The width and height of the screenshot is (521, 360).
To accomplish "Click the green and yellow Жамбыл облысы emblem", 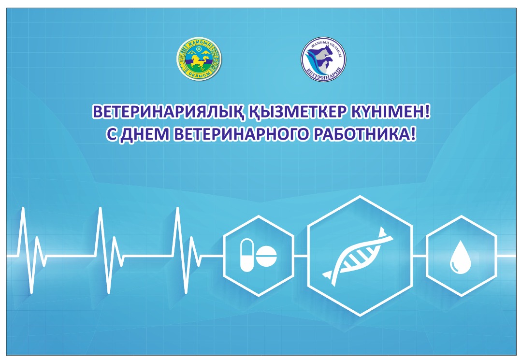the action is pos(199,59).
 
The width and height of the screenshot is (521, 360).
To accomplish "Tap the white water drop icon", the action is pos(461,257).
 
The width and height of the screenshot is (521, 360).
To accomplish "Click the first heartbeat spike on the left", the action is pos(23,209).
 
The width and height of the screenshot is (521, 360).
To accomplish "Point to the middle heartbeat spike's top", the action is pos(101,208).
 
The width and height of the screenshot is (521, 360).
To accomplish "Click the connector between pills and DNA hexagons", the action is pos(301,256).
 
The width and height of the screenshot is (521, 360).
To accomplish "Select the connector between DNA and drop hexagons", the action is pos(420,256).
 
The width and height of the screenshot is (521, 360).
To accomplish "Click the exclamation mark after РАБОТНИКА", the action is pos(413,134).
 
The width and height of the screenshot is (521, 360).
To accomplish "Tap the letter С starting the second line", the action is pos(111,134).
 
